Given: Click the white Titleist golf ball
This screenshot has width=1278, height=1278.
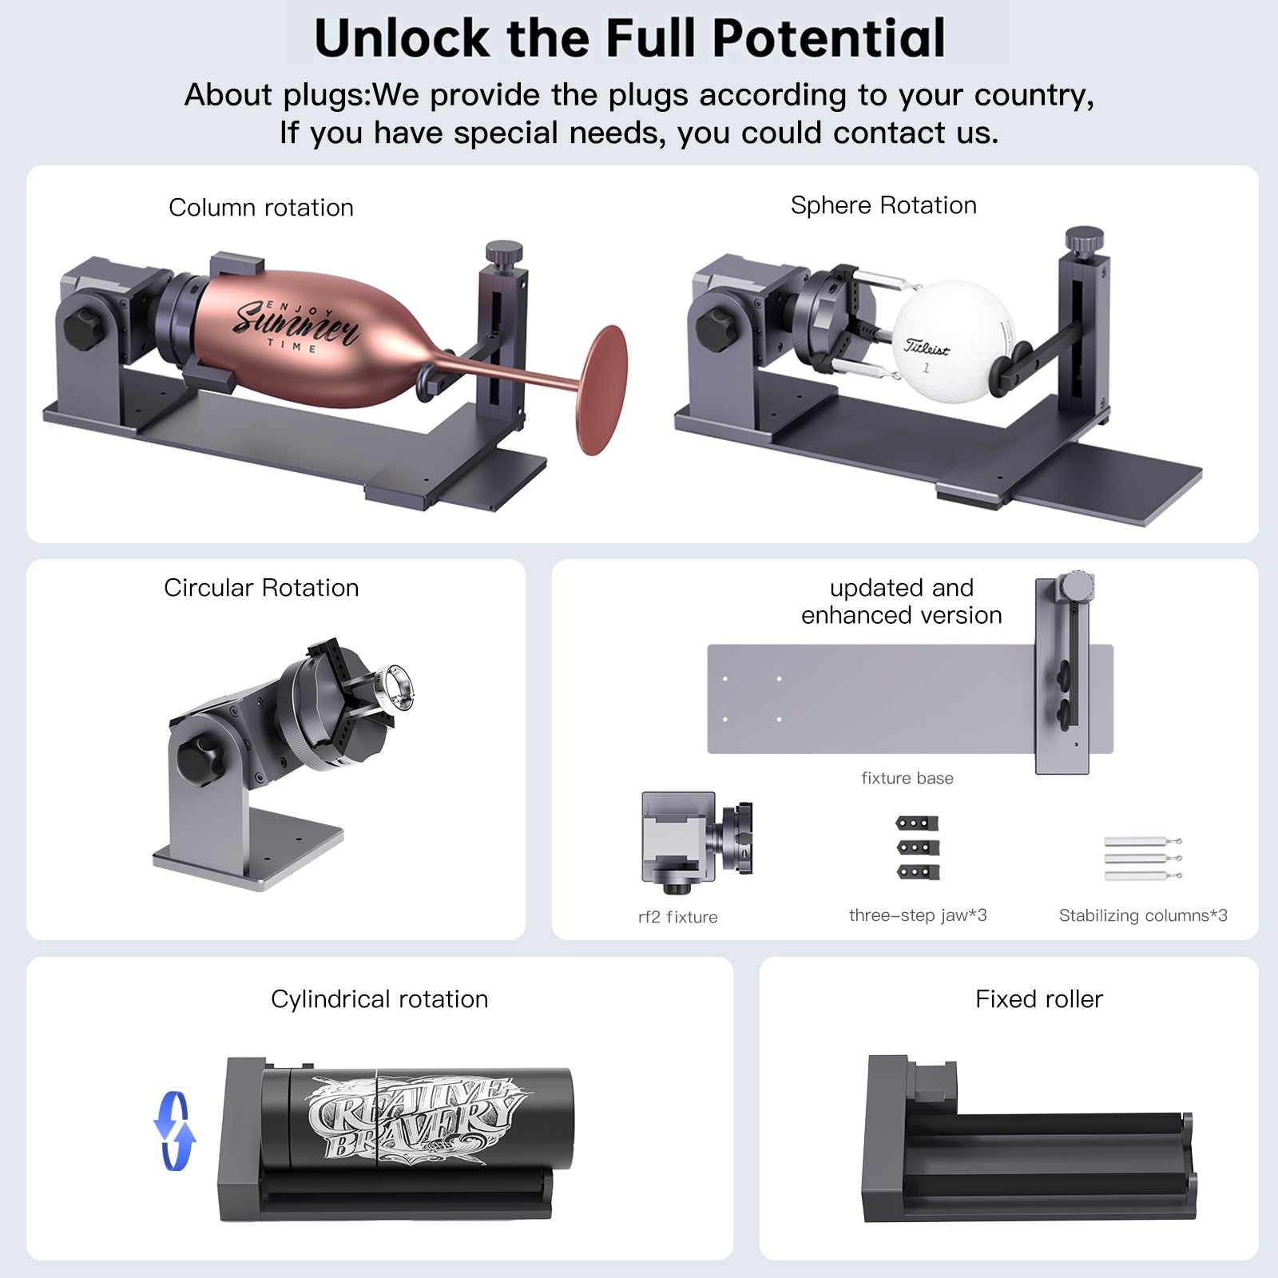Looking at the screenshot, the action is point(952,340).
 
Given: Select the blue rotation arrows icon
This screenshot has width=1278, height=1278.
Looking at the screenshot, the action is point(175,1131).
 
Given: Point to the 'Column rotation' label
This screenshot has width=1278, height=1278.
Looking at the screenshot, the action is point(261,208).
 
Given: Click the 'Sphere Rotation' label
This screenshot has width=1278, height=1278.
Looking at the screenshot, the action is point(883,205).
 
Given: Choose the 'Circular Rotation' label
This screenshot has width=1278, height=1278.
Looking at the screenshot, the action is point(261,588).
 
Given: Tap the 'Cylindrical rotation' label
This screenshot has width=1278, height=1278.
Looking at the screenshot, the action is point(379,999).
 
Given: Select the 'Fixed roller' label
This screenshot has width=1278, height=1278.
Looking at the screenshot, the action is point(1039,999).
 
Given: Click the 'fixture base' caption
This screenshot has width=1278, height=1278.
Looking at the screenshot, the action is point(907,778).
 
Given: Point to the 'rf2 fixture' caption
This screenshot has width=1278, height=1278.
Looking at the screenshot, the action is point(678,917).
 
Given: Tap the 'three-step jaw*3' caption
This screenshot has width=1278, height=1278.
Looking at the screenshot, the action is point(918,915).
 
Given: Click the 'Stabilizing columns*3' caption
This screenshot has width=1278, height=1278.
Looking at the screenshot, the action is point(1143,915).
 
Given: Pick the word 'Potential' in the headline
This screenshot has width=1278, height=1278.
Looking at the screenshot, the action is point(828,38).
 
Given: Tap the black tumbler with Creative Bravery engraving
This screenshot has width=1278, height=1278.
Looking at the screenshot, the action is point(415,1117).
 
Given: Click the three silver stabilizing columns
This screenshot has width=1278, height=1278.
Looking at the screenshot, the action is point(1143,859).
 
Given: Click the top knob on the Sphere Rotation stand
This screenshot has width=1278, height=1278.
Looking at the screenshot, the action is point(1084,239).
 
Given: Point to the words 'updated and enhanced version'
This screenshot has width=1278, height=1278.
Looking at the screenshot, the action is point(902,601).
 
